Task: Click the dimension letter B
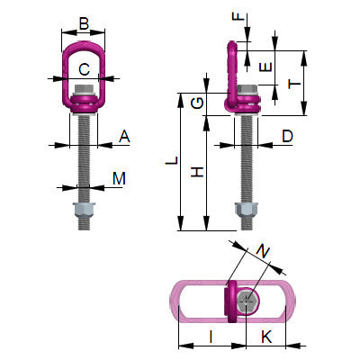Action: tap(85, 24)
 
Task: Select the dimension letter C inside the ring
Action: tap(84, 67)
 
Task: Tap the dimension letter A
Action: tap(124, 137)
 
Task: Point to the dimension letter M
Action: tap(119, 179)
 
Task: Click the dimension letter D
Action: tap(287, 137)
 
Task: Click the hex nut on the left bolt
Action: tap(84, 213)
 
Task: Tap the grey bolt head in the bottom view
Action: tap(248, 301)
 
